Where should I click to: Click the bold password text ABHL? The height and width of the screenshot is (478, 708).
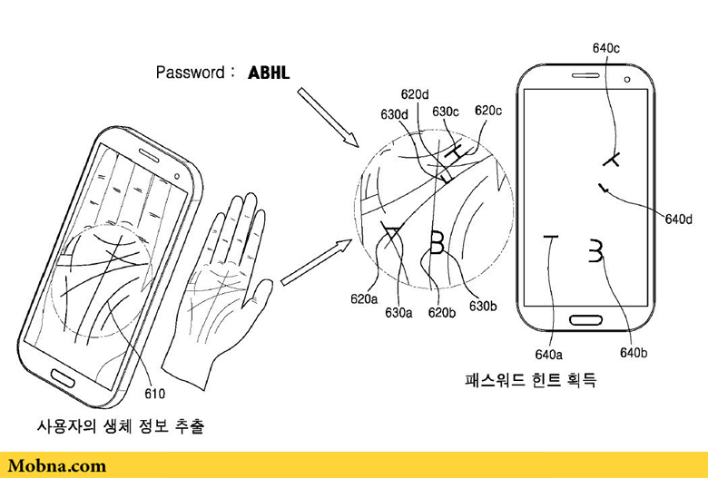[x=269, y=72]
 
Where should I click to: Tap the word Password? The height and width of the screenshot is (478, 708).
[x=192, y=72]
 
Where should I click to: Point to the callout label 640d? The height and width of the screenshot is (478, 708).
[x=678, y=219]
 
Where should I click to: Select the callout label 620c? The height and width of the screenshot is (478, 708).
[x=488, y=111]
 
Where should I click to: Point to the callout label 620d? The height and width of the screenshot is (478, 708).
[x=415, y=93]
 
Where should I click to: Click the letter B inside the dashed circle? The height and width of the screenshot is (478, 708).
[x=438, y=242]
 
